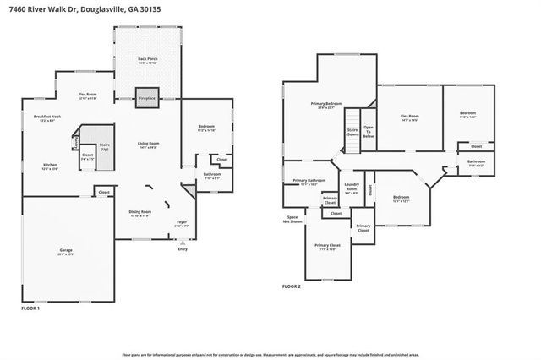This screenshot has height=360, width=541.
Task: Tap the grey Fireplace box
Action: (x=147, y=97)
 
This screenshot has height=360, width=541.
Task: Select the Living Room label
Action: (x=149, y=145)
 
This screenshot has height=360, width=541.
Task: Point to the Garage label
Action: (x=66, y=251)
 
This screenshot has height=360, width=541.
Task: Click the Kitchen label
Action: (x=50, y=166)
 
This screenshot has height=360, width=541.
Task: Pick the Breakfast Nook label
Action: (x=46, y=117)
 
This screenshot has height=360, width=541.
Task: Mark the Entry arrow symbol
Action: (x=183, y=242)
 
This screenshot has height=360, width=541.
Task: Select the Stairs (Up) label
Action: (x=106, y=146)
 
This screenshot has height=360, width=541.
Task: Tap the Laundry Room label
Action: (x=351, y=190)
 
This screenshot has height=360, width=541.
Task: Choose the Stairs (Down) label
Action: (x=352, y=132)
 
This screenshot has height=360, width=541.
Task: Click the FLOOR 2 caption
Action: (x=292, y=287)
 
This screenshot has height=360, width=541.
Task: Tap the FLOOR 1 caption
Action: (x=30, y=309)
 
